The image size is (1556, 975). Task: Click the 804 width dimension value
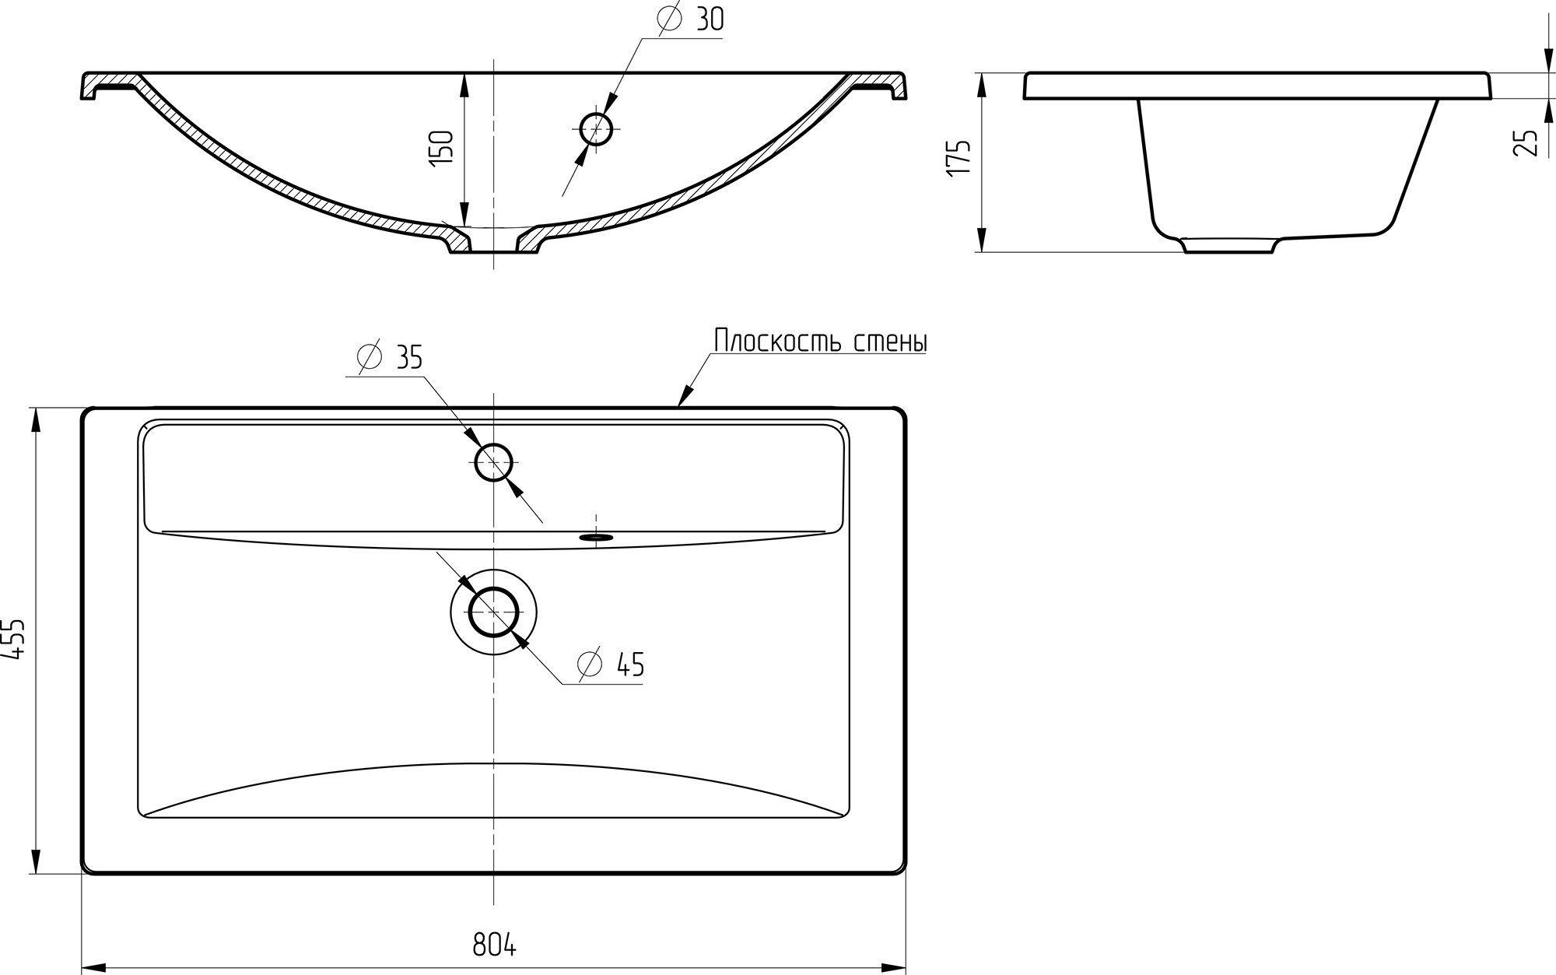[494, 945]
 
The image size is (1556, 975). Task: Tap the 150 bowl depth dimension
[441, 146]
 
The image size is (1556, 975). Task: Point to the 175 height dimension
[958, 160]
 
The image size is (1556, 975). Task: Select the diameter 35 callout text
[390, 356]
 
